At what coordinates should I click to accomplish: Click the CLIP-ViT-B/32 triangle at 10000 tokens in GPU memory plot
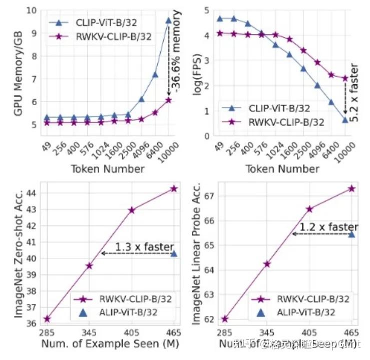coord(169,20)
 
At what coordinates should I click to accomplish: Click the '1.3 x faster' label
coord(144,247)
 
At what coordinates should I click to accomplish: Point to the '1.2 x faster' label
coord(329,227)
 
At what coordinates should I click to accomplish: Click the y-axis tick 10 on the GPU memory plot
coord(32,10)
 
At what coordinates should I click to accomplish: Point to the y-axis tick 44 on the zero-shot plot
coord(32,192)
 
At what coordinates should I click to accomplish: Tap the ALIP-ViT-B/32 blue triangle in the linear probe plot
coord(351,234)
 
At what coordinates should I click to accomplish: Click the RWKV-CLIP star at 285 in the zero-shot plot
coord(47,318)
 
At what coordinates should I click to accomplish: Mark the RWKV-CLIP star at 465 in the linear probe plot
coord(351,188)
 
